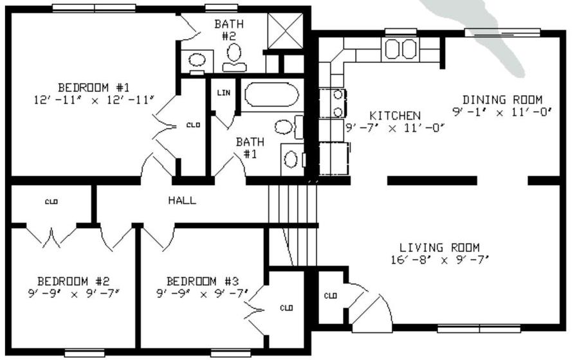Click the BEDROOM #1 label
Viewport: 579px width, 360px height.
(94, 87)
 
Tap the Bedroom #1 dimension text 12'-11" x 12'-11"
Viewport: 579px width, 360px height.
(94, 100)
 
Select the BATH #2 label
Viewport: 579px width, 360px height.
(228, 30)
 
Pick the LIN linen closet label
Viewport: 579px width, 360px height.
(223, 93)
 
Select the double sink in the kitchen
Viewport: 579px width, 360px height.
(401, 49)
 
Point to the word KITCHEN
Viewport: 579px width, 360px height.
(395, 116)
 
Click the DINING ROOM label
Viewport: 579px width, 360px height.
(502, 100)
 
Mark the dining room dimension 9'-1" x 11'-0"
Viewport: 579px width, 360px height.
(502, 111)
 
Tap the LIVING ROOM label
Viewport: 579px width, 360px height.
(439, 248)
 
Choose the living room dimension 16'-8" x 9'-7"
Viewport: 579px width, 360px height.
(439, 259)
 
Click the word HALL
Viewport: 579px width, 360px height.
(182, 200)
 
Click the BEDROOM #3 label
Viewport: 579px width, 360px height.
(203, 281)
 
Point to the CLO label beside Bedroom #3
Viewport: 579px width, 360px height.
(287, 308)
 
